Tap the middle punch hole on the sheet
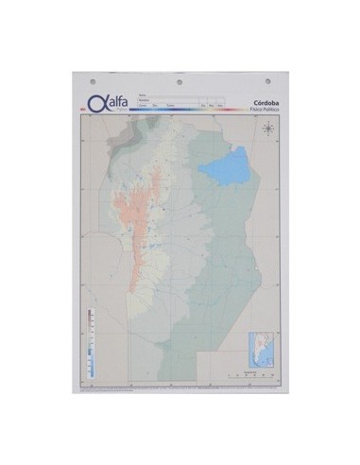click(180, 80)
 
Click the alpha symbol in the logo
click(95, 103)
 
